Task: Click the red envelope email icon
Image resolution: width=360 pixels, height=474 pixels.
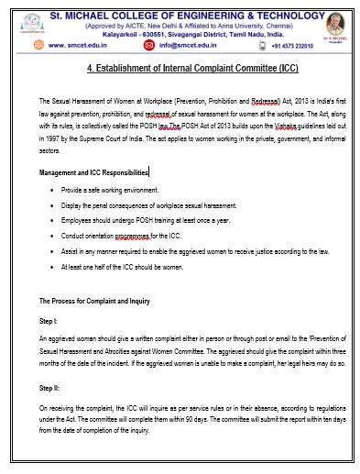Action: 150,43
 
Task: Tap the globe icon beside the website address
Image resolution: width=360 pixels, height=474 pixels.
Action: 39,43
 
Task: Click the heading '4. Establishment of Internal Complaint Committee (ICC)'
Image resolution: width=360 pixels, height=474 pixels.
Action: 191,68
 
